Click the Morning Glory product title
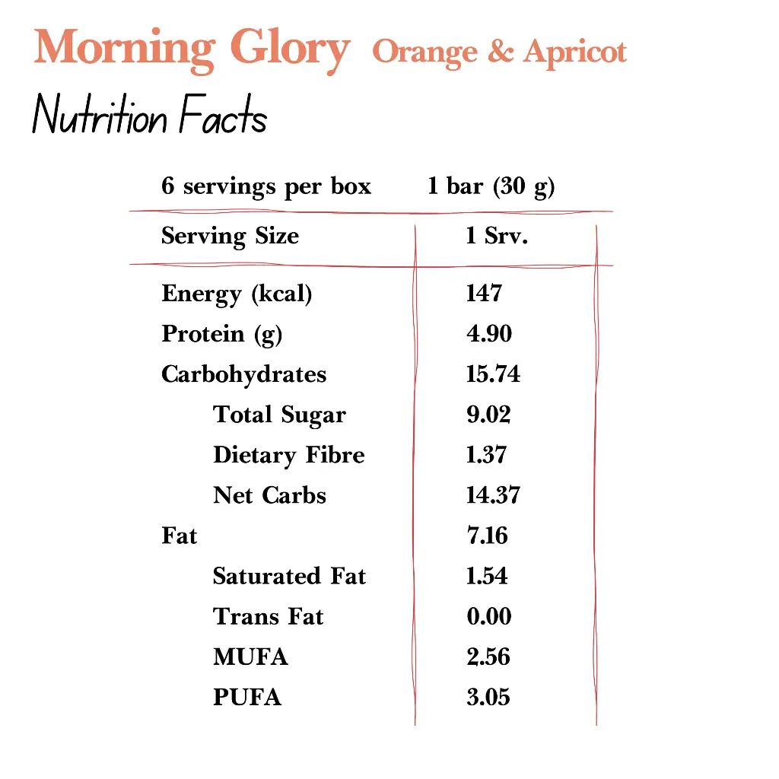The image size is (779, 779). [192, 49]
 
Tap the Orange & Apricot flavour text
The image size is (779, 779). [499, 52]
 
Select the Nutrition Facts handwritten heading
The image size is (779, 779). [150, 118]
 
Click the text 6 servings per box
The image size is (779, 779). [266, 186]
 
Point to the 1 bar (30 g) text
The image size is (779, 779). [491, 186]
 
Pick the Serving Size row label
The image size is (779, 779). [230, 236]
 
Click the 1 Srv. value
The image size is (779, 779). [497, 236]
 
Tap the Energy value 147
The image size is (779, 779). [484, 294]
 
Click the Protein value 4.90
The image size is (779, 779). [489, 334]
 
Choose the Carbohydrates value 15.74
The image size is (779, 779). [493, 374]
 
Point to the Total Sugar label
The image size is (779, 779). [279, 415]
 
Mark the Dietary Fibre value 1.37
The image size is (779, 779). [486, 455]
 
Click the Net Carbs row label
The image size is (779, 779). [269, 495]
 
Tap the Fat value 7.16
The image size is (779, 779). [487, 536]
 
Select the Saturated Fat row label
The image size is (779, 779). [289, 576]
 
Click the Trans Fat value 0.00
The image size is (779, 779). [489, 616]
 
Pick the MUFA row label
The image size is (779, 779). [250, 657]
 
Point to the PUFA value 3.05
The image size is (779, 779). [488, 697]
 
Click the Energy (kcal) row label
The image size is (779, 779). [237, 294]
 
